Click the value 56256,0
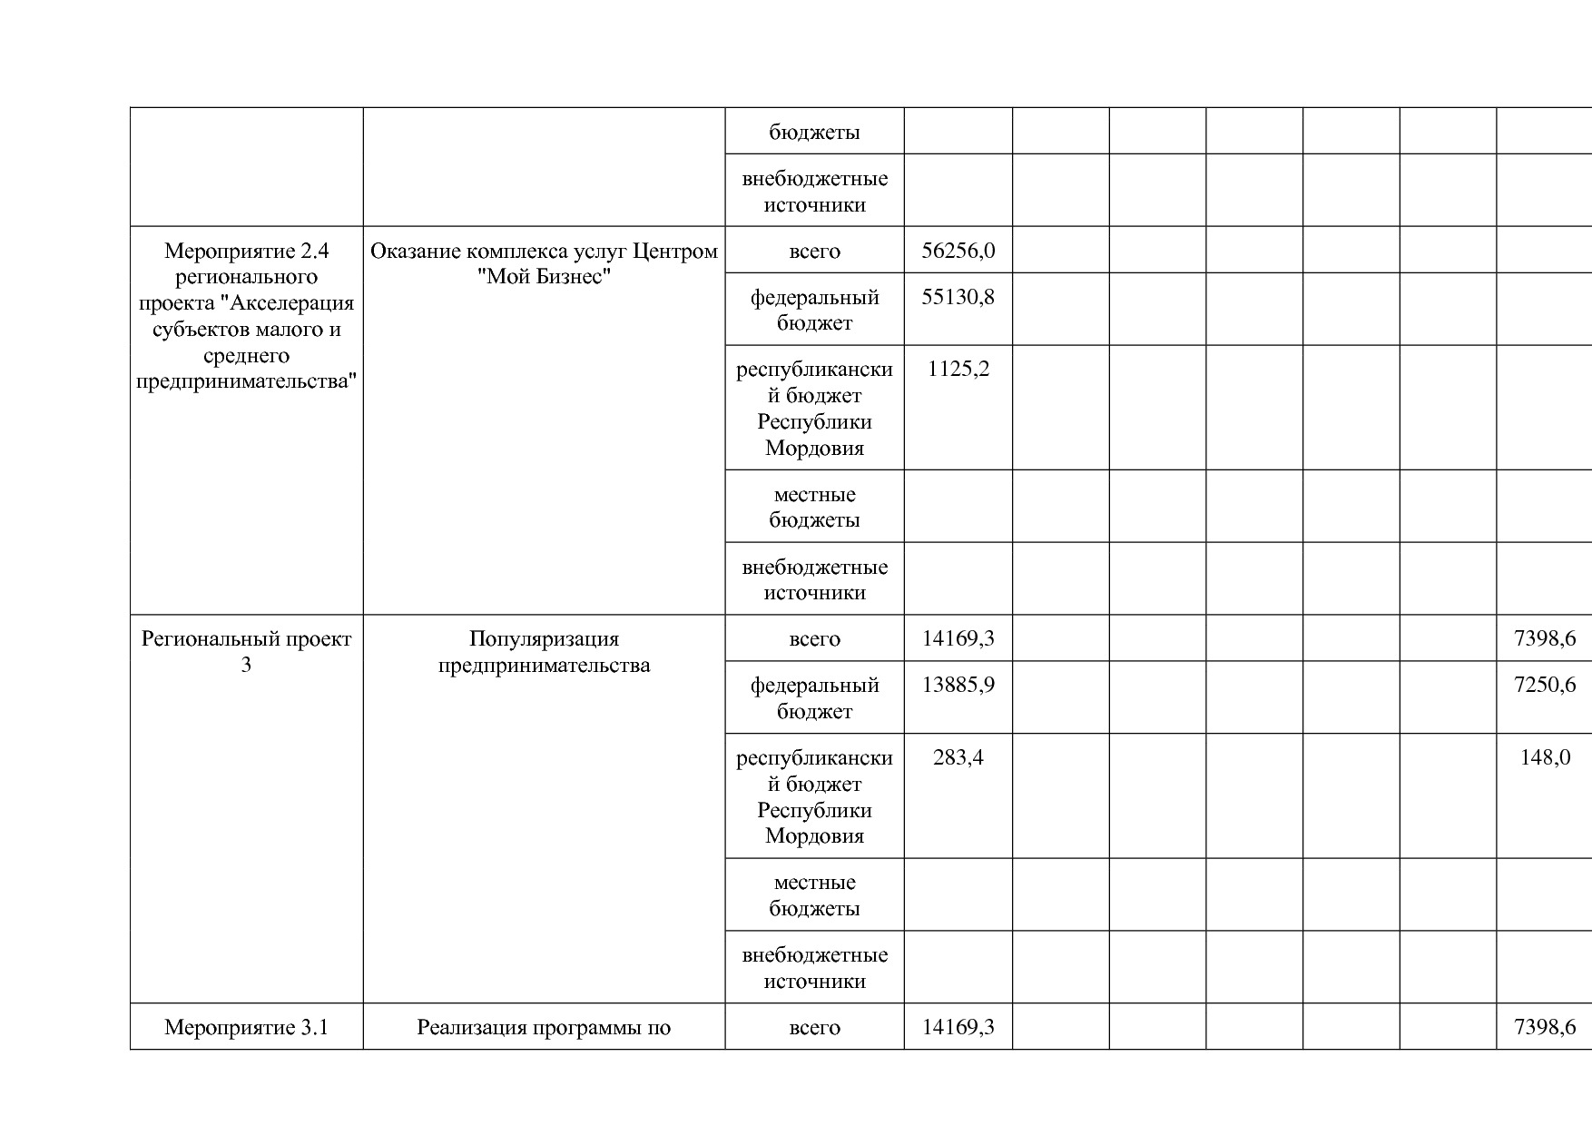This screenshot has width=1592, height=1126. click(958, 251)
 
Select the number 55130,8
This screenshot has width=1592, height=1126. click(958, 297)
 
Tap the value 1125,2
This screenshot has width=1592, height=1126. click(958, 370)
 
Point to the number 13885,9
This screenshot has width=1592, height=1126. click(958, 685)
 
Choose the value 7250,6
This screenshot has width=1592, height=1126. click(1545, 685)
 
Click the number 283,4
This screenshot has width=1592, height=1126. click(958, 757)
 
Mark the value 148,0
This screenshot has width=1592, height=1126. click(1545, 757)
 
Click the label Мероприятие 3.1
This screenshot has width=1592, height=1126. click(246, 1027)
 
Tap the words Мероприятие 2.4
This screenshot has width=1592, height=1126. click(246, 251)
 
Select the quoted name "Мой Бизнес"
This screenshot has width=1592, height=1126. click(544, 277)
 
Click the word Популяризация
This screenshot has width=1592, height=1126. click(544, 638)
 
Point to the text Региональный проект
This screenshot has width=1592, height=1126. click(246, 638)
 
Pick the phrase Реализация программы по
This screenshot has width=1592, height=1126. click(544, 1027)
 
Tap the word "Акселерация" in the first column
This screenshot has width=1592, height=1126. click(287, 302)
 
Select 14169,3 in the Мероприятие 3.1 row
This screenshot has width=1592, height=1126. click(958, 1027)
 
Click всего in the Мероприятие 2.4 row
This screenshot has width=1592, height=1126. click(814, 251)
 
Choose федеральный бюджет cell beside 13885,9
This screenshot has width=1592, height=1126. click(814, 697)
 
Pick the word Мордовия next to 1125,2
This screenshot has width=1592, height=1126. click(814, 448)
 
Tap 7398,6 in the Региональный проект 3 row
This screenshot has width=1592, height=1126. click(1545, 638)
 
